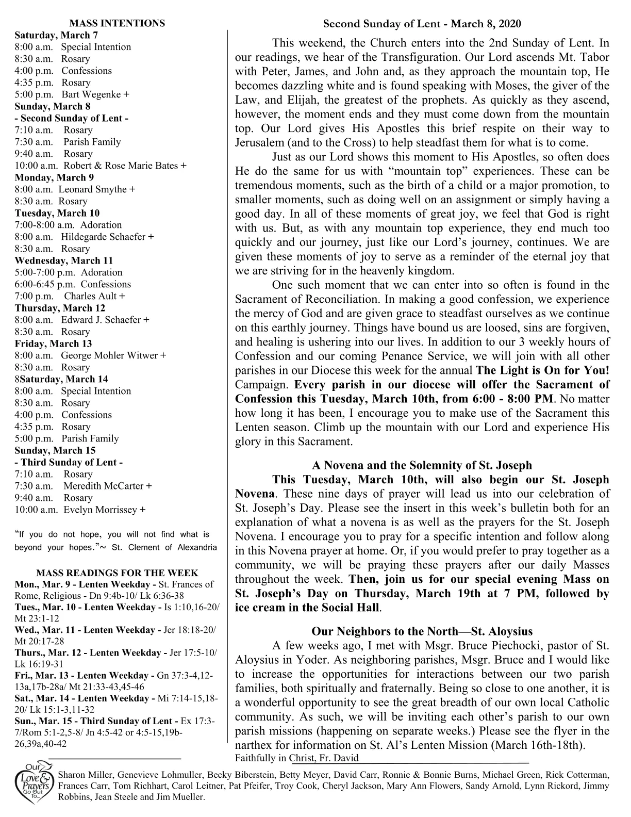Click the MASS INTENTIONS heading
(x=117, y=23)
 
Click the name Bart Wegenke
(x=92, y=94)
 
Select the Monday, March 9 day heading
(x=54, y=177)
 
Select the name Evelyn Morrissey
(x=100, y=510)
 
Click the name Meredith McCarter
(x=103, y=486)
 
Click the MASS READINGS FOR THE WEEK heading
(x=117, y=573)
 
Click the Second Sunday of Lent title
(x=422, y=24)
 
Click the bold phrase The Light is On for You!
(x=542, y=370)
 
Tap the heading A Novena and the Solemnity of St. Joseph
(x=422, y=465)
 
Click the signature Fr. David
(x=338, y=758)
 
